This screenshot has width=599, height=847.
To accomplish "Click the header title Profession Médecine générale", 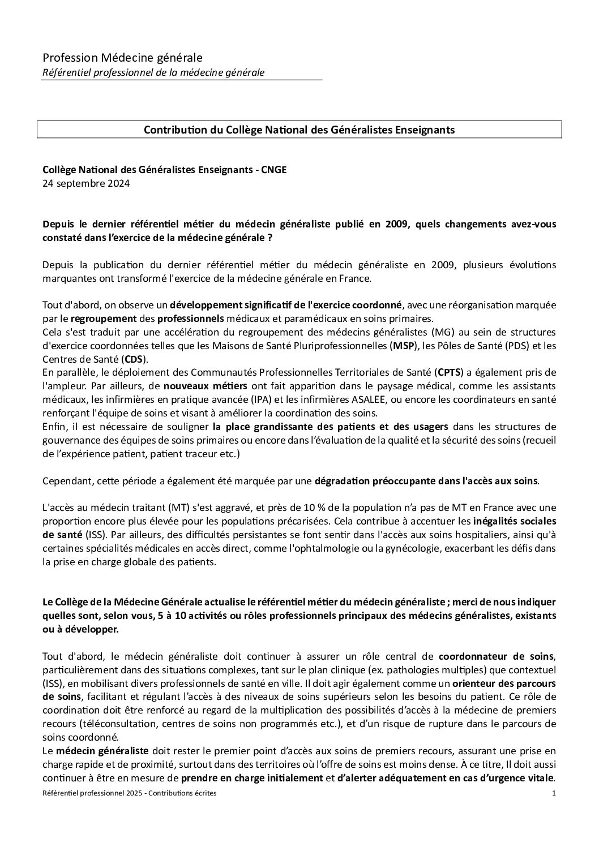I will point(122,57).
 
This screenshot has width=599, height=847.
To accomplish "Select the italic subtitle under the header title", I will point(153,72).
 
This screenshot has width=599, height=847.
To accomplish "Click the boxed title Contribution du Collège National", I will point(299,130).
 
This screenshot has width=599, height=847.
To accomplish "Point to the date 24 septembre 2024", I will point(86,183).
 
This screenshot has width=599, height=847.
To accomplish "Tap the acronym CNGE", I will point(273,170).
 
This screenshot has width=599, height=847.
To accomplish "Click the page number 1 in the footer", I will point(553,793).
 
